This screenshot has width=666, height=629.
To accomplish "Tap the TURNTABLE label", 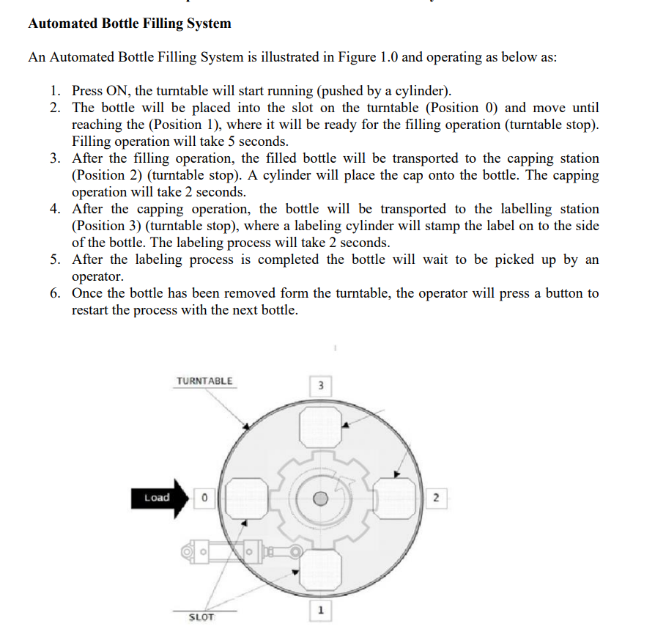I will click(x=204, y=381).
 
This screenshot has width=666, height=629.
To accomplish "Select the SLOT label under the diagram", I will click(x=201, y=617).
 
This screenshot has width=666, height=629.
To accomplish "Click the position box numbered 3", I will click(x=320, y=385).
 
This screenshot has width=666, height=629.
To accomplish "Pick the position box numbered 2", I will click(x=436, y=499).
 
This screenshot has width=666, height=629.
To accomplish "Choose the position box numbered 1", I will click(x=320, y=610).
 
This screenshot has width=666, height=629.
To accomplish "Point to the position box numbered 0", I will click(x=204, y=499).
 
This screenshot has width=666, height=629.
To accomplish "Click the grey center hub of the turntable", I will click(x=320, y=499).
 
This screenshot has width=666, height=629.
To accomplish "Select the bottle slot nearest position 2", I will click(x=395, y=499).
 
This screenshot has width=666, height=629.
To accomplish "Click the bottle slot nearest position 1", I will click(x=320, y=569).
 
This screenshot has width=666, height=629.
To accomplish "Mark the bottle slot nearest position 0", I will click(x=245, y=499).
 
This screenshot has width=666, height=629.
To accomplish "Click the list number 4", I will click(x=55, y=209).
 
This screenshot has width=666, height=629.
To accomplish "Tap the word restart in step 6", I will click(x=93, y=310).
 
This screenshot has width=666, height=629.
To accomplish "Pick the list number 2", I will click(x=55, y=108).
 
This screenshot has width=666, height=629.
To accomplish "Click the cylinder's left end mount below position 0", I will click(x=188, y=549).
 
